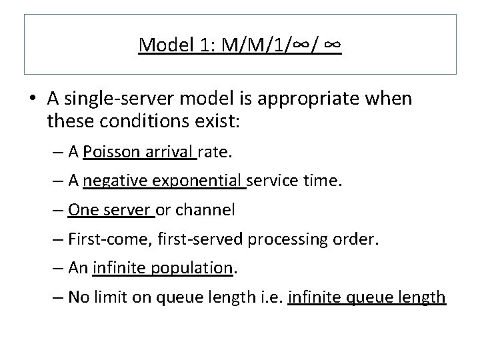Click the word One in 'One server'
pyautogui.click(x=82, y=211)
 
